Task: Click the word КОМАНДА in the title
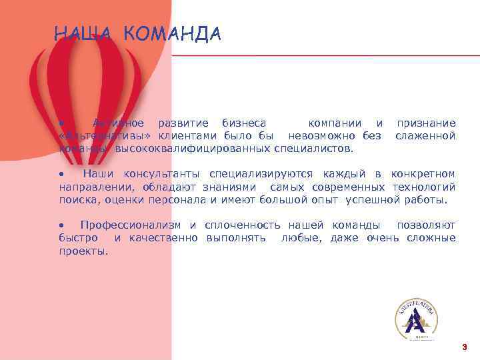point(172,34)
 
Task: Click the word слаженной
point(425,136)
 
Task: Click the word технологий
point(424,187)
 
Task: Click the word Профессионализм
point(131,225)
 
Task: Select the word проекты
point(83,251)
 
